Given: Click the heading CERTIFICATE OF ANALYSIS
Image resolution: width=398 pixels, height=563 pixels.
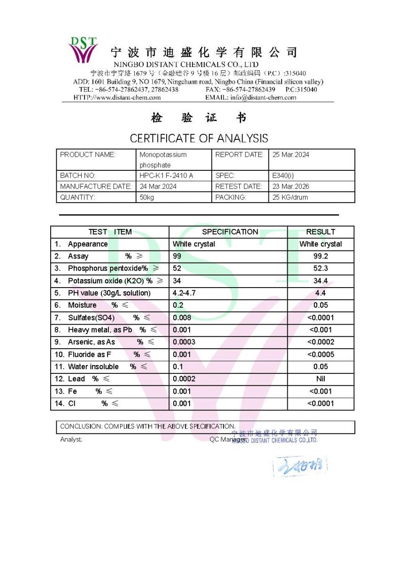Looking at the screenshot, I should click(x=199, y=138).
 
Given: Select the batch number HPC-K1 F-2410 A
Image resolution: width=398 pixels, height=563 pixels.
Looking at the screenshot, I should click(x=166, y=175).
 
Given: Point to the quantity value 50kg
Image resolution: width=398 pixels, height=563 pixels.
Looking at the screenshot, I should click(x=146, y=198).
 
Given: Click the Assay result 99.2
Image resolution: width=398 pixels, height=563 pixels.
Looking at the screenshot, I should click(x=321, y=256).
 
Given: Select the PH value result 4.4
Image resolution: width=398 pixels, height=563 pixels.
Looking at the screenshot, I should click(x=321, y=293).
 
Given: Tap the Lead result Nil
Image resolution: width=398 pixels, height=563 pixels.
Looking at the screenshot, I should click(x=321, y=379).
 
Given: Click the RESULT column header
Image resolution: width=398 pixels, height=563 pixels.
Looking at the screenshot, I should click(x=321, y=232).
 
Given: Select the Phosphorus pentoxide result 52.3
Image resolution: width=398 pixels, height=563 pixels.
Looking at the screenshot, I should click(x=321, y=268).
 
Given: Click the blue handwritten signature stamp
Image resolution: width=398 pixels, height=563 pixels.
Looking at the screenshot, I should click(x=300, y=466).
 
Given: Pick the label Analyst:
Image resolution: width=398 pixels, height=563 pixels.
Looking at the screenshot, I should click(x=71, y=440).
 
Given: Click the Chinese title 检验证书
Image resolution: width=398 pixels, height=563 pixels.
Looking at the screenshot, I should click(x=199, y=118).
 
